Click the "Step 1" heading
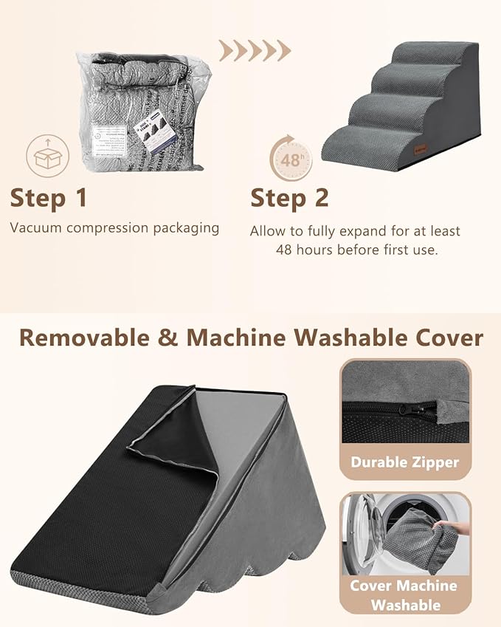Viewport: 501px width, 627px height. coord(49,198)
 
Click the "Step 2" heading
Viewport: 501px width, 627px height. coord(289,198)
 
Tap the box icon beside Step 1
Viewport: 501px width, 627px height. coord(46,155)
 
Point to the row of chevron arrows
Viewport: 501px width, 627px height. coord(255,50)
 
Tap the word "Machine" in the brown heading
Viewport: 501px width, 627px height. coord(235,338)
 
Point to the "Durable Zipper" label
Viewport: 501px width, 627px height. coord(405,463)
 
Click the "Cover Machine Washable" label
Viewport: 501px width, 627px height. coord(405,595)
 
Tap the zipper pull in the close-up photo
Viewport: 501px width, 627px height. coord(405,408)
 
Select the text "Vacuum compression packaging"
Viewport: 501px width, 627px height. coord(114,227)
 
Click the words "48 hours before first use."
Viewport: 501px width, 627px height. coord(356,250)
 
